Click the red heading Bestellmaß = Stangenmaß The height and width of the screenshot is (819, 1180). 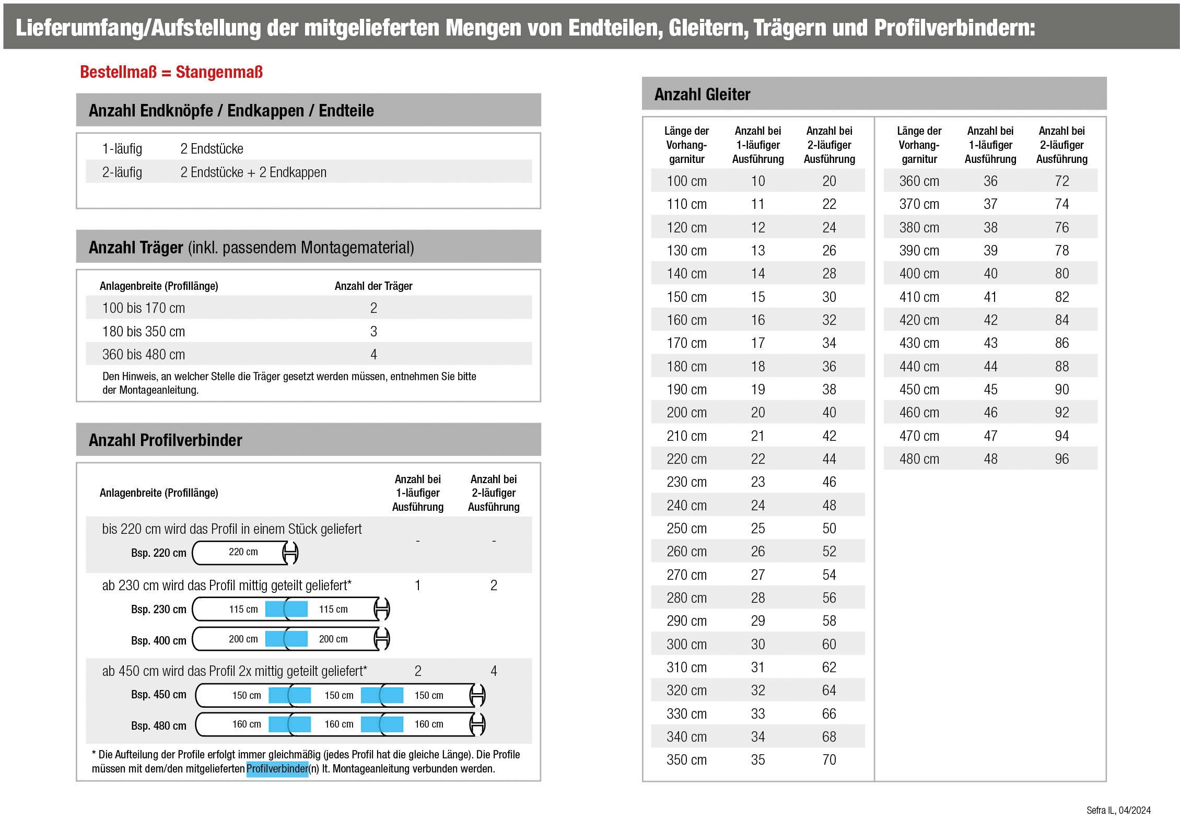(171, 72)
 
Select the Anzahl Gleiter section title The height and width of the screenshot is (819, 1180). (702, 95)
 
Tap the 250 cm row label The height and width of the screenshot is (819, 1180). (686, 529)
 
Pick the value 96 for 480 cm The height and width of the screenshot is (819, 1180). (1061, 459)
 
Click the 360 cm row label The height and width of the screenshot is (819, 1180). (918, 181)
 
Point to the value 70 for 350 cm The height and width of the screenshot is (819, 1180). (829, 760)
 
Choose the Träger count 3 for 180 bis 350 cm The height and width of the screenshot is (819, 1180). (373, 332)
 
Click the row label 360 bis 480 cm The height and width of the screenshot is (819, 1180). (144, 355)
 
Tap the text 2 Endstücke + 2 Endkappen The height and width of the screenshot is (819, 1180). (253, 172)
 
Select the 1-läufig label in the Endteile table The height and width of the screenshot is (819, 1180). (122, 149)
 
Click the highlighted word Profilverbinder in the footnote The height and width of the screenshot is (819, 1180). (277, 769)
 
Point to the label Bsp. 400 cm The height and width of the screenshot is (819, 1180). (158, 641)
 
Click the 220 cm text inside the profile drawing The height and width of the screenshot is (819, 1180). (243, 552)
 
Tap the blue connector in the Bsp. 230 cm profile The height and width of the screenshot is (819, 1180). (286, 609)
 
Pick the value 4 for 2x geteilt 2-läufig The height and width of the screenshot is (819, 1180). (493, 671)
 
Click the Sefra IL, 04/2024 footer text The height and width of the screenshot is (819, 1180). (1118, 810)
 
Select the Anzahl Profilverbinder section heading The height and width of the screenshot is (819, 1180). (165, 440)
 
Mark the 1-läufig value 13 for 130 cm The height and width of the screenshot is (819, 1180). (757, 251)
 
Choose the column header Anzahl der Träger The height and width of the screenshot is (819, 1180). (373, 286)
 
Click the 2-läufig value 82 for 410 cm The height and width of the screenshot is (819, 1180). (1061, 297)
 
